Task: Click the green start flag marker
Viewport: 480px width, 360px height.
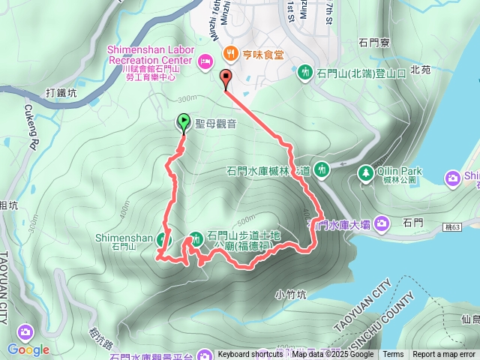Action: coord(183,122)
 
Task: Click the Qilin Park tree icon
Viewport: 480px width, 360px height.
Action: coord(365,172)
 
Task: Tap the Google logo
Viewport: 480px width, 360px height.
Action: coord(28,349)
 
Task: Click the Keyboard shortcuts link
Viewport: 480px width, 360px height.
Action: coord(250,355)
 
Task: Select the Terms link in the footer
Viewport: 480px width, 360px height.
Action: coord(393,355)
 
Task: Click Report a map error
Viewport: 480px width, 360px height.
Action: coord(445,355)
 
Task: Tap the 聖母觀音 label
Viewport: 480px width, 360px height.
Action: coord(216,123)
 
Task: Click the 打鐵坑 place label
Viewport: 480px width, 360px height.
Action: coord(61,94)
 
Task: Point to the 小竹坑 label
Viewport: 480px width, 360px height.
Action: coord(291,295)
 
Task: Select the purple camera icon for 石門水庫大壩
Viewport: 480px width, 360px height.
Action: coord(382,223)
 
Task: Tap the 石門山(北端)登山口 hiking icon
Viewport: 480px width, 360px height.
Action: coord(305,73)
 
